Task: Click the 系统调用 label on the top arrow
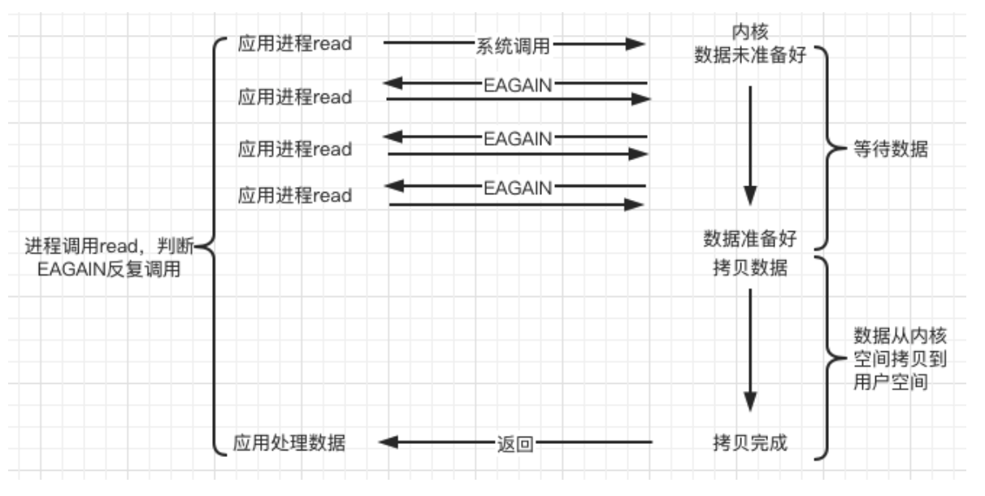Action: tap(513, 46)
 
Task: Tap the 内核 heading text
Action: tap(750, 32)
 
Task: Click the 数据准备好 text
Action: tap(750, 238)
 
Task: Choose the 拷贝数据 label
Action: tap(750, 269)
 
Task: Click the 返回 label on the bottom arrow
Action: tap(514, 444)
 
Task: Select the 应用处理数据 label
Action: tap(289, 443)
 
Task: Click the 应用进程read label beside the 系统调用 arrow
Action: tap(295, 44)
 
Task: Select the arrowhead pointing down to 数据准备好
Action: tap(750, 195)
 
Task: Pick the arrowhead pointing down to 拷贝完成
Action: tap(750, 401)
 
